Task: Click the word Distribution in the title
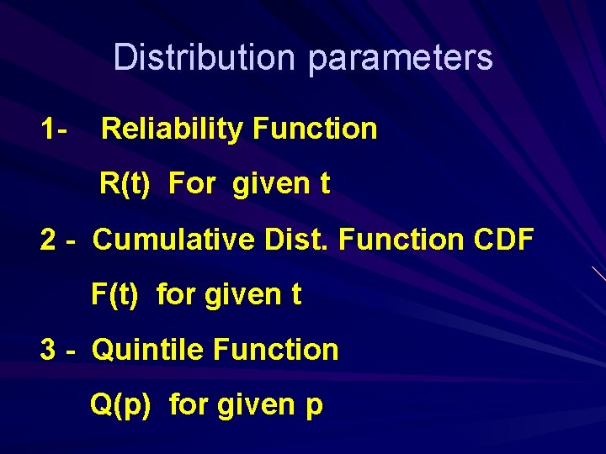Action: [x=205, y=58]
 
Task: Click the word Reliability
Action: [x=172, y=129]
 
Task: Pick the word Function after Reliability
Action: [x=315, y=129]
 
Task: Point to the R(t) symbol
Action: [x=125, y=184]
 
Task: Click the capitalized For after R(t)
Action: [x=192, y=184]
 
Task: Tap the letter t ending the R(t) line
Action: [x=324, y=184]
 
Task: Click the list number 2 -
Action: [x=59, y=240]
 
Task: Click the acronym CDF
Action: [x=503, y=240]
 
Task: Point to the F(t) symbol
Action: [x=114, y=295]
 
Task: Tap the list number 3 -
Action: [x=59, y=350]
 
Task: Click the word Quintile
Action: [x=148, y=350]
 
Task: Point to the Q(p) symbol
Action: [x=120, y=405]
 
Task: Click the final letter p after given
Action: [x=313, y=407]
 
